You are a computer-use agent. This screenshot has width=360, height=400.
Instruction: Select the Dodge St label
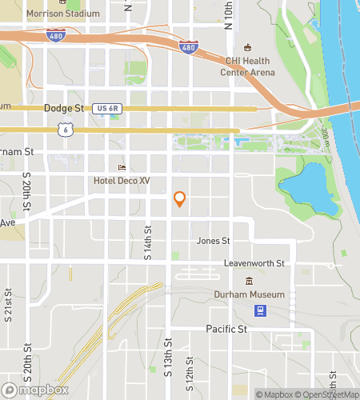click(x=64, y=107)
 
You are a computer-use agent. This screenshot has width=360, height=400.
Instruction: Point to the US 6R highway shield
click(x=106, y=107)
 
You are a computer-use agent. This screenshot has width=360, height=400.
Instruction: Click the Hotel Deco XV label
click(x=122, y=181)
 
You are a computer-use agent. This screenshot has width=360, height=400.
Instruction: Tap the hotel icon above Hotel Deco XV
click(x=122, y=168)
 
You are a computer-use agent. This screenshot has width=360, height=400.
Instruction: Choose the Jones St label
click(x=214, y=240)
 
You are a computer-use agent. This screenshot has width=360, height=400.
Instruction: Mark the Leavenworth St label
click(x=254, y=263)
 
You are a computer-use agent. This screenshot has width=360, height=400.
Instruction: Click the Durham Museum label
click(x=249, y=294)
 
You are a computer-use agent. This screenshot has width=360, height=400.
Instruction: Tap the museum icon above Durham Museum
click(x=249, y=281)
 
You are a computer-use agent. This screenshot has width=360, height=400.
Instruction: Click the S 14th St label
click(x=148, y=244)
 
